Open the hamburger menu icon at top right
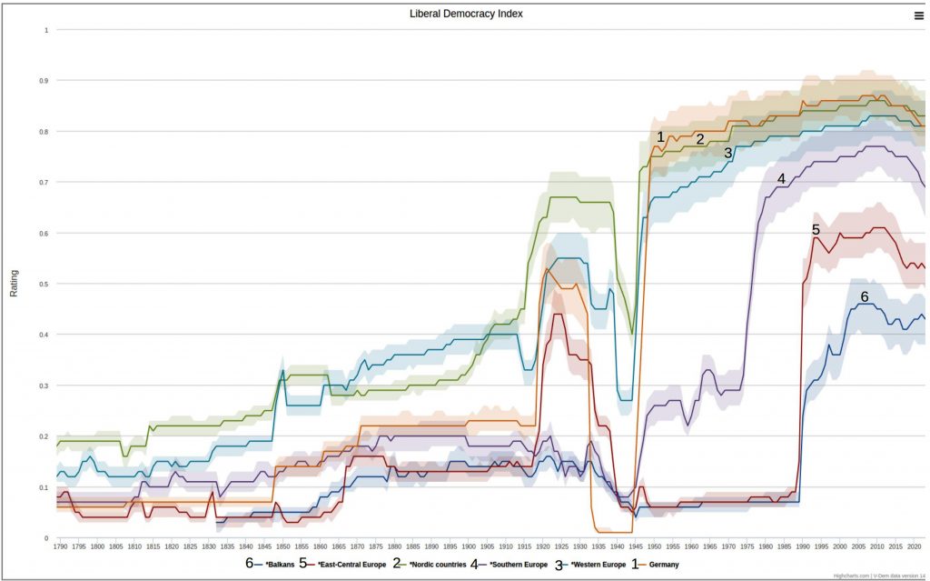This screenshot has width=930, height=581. point(919,15)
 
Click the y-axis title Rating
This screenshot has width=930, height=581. point(14,284)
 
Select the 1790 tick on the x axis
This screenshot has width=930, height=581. point(60,546)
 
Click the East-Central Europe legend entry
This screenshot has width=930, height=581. point(349,565)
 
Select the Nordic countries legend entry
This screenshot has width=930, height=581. point(434,565)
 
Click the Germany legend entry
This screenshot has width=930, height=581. point(662,565)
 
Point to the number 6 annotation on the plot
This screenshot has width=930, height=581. point(865,296)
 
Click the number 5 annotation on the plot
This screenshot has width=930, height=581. point(816,230)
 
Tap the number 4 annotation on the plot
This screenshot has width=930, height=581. point(781,179)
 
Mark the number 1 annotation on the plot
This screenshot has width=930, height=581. point(661,136)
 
